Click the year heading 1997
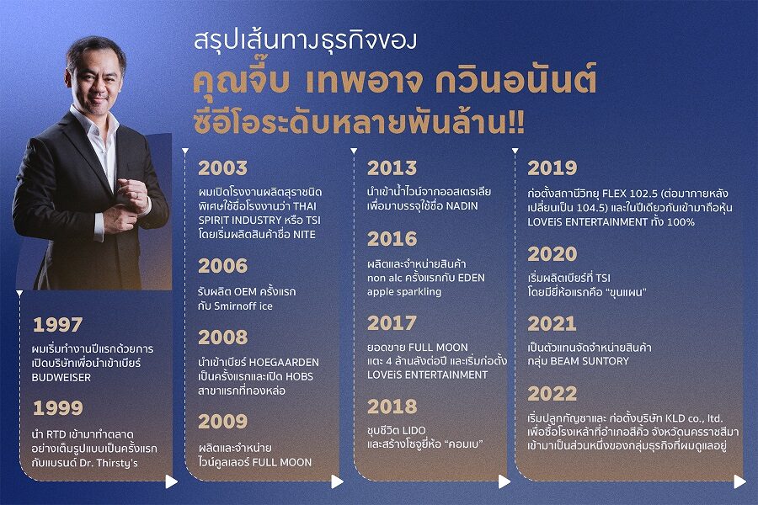(57, 325)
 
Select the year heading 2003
(223, 168)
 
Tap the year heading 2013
(392, 168)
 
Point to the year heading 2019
(552, 168)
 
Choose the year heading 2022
(552, 394)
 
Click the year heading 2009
(223, 422)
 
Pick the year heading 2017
(392, 323)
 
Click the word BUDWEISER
(61, 377)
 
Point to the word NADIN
(462, 206)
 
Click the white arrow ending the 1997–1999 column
(171, 481)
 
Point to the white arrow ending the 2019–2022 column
(739, 481)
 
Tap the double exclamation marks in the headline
(516, 124)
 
